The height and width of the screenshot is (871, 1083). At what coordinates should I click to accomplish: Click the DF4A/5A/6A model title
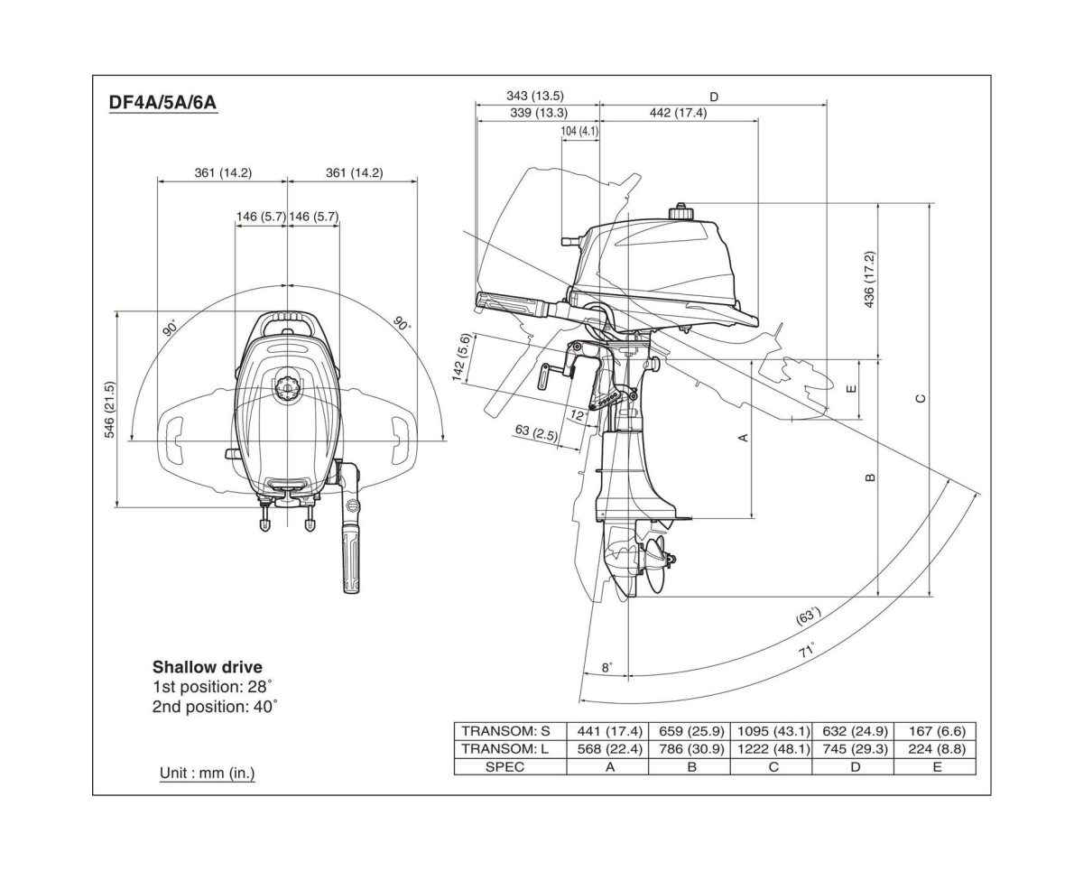pyautogui.click(x=162, y=103)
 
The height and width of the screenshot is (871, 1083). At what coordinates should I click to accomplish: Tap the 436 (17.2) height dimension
pyautogui.click(x=869, y=280)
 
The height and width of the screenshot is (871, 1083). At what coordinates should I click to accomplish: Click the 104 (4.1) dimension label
pyautogui.click(x=579, y=132)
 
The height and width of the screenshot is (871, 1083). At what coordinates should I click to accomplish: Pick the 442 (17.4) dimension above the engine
pyautogui.click(x=678, y=113)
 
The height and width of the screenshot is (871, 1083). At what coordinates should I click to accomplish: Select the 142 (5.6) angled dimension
pyautogui.click(x=462, y=357)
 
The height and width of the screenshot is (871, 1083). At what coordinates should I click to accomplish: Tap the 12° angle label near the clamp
pyautogui.click(x=579, y=415)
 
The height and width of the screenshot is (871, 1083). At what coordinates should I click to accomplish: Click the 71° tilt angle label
pyautogui.click(x=806, y=651)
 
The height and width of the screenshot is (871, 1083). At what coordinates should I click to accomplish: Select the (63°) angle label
pyautogui.click(x=808, y=616)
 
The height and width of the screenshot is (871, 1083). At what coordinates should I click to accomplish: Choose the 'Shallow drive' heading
pyautogui.click(x=207, y=668)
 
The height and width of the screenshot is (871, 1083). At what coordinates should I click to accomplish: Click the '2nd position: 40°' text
pyautogui.click(x=215, y=707)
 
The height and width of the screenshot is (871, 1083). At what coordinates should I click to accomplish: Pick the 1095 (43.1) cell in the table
pyautogui.click(x=771, y=731)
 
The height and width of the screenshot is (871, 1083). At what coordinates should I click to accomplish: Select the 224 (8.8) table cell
pyautogui.click(x=936, y=749)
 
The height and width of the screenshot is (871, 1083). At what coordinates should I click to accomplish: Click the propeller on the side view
pyautogui.click(x=657, y=564)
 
